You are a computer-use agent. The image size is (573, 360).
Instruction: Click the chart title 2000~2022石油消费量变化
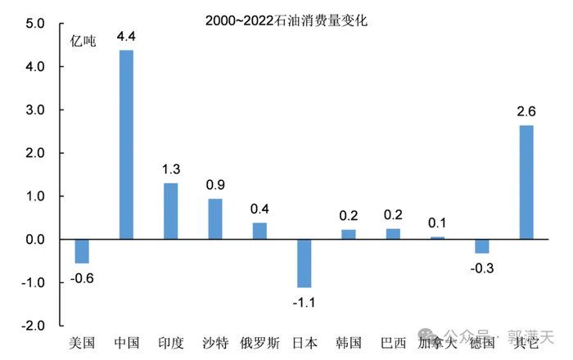[x=286, y=21]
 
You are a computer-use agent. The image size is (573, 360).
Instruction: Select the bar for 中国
[x=126, y=145]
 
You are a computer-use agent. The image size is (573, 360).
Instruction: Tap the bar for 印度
[x=170, y=211]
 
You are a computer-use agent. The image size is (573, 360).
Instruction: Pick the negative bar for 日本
[x=304, y=263]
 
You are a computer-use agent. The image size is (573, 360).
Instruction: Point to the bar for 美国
[x=82, y=251]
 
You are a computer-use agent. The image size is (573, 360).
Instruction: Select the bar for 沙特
[x=215, y=219]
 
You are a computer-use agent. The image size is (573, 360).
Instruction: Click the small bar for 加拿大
[x=437, y=238]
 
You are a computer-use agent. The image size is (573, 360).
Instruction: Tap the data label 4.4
[x=126, y=37]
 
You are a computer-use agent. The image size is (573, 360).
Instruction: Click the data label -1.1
[x=304, y=302]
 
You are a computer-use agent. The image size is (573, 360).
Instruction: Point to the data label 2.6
[x=526, y=112]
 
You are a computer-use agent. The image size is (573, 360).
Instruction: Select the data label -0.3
[x=481, y=268]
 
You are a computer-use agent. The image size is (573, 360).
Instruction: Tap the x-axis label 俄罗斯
[x=259, y=343]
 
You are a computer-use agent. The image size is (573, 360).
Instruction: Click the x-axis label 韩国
[x=348, y=343]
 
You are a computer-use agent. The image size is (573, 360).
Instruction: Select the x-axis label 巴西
[x=392, y=343]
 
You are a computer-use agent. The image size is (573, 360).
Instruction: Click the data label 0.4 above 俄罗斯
[x=259, y=209]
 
